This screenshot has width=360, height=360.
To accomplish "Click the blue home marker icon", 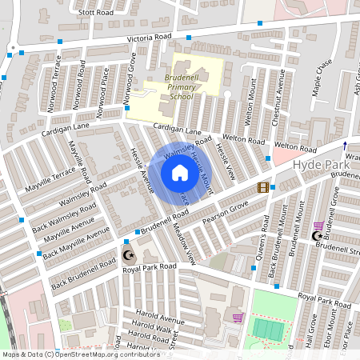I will [x=180, y=172].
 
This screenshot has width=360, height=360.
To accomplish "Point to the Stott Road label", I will [x=97, y=13].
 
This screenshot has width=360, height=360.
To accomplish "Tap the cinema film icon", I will [x=263, y=187].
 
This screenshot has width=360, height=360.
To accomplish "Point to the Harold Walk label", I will [x=152, y=328].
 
